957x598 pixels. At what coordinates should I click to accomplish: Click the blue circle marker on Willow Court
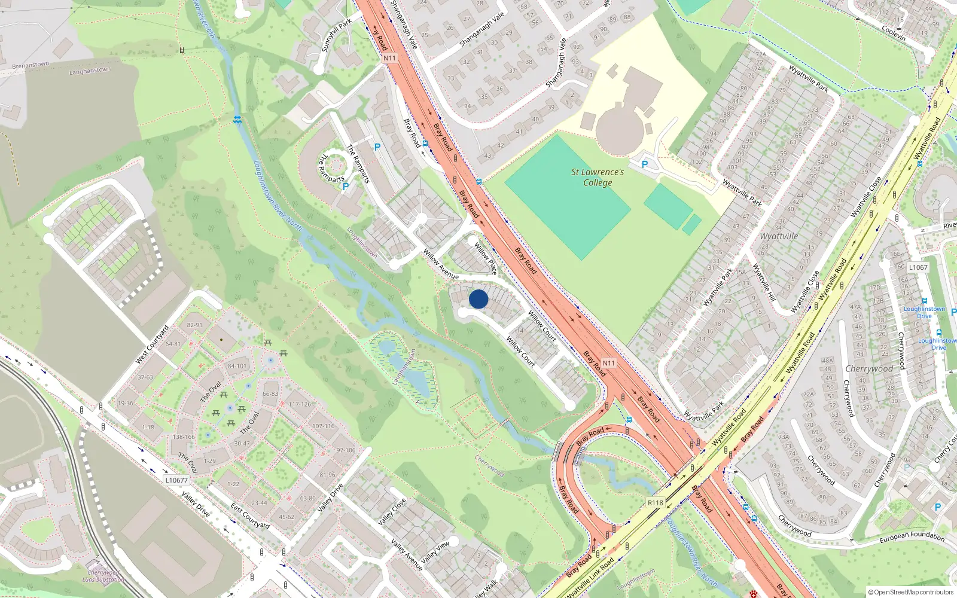tap(478, 299)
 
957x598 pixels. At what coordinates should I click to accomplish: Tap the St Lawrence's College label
tap(597, 177)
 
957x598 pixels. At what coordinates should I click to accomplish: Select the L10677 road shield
tap(176, 480)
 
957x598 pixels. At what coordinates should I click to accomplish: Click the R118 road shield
tap(656, 502)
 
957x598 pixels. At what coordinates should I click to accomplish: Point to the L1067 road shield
tap(918, 267)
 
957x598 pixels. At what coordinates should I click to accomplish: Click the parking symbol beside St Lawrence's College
tap(645, 164)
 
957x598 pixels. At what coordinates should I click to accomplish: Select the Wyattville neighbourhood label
tap(779, 236)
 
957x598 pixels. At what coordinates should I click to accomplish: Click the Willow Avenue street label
tap(441, 264)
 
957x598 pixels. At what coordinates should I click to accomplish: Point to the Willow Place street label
tap(485, 258)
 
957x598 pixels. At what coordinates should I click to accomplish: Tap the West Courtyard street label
tap(153, 344)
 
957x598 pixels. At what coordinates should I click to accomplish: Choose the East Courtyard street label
tap(251, 516)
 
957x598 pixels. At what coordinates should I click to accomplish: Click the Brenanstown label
tap(31, 65)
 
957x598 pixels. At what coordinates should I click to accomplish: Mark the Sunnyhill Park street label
tap(337, 35)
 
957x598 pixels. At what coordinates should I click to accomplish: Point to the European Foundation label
tap(912, 538)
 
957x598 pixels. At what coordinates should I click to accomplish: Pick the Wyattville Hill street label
tap(764, 282)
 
